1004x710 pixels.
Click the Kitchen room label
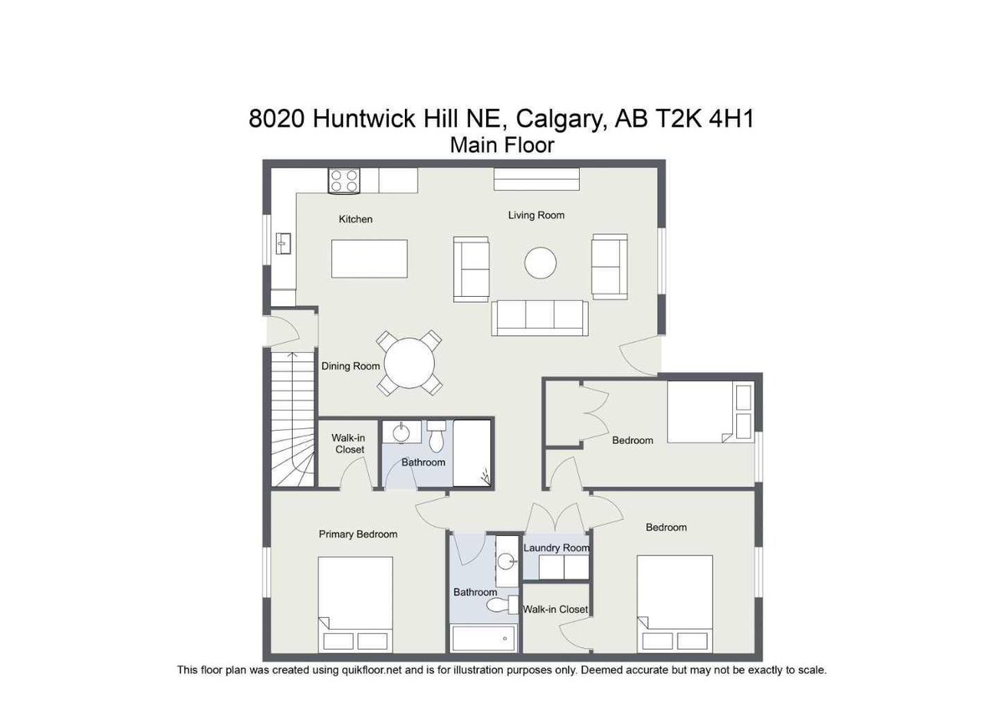tap(356, 219)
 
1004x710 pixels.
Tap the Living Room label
tap(536, 215)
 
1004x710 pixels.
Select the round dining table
tap(409, 364)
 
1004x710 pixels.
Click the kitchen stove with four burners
tap(345, 181)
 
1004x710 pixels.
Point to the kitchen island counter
tap(371, 258)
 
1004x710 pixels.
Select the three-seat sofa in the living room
tap(540, 316)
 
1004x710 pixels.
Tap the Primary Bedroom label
tap(358, 534)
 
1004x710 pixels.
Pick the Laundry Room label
tap(556, 548)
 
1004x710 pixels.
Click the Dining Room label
tap(351, 366)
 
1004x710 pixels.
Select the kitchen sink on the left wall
tap(283, 243)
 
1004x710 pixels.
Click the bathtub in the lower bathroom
tap(484, 639)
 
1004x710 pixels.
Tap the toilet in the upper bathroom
tap(436, 437)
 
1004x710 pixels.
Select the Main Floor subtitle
tap(502, 145)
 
